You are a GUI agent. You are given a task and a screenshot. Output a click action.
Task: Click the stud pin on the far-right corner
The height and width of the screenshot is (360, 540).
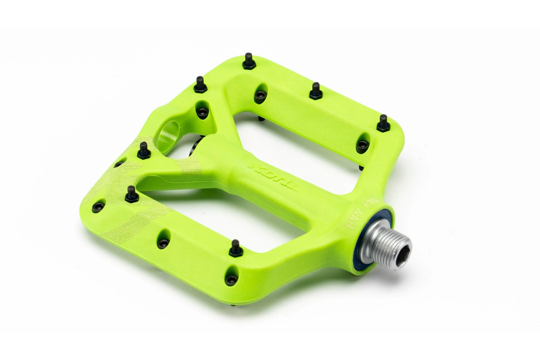coord(383,123)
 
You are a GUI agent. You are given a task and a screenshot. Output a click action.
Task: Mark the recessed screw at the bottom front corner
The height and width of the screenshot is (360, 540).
coord(230,279)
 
